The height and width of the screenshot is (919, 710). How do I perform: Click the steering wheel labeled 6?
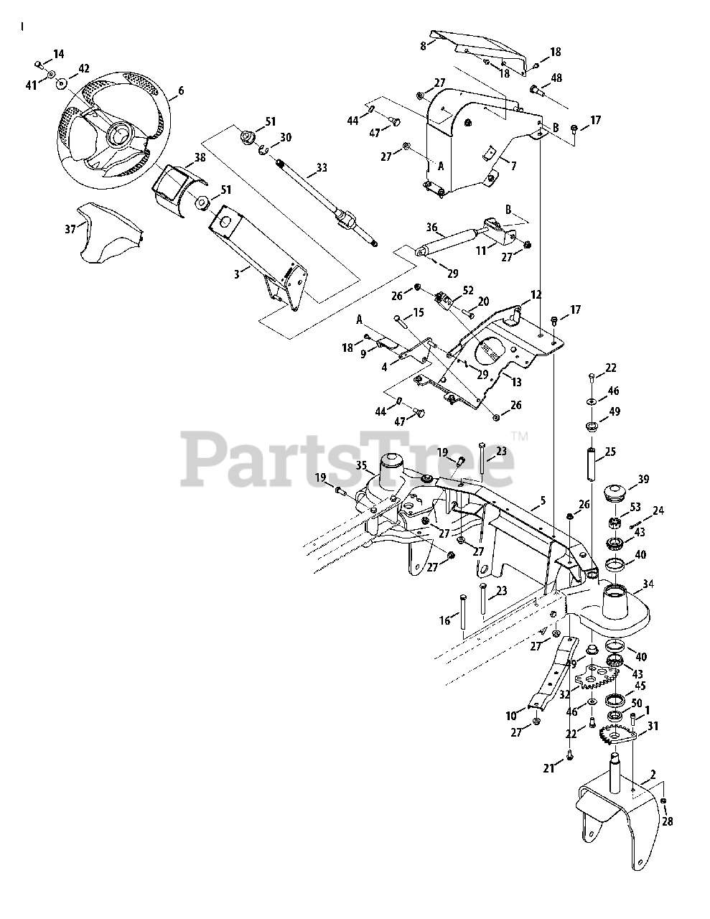pyautogui.click(x=115, y=133)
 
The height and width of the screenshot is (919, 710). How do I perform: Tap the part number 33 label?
pyautogui.click(x=321, y=169)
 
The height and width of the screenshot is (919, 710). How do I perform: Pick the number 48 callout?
pyautogui.click(x=556, y=77)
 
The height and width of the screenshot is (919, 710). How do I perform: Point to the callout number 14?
pyautogui.click(x=58, y=53)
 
